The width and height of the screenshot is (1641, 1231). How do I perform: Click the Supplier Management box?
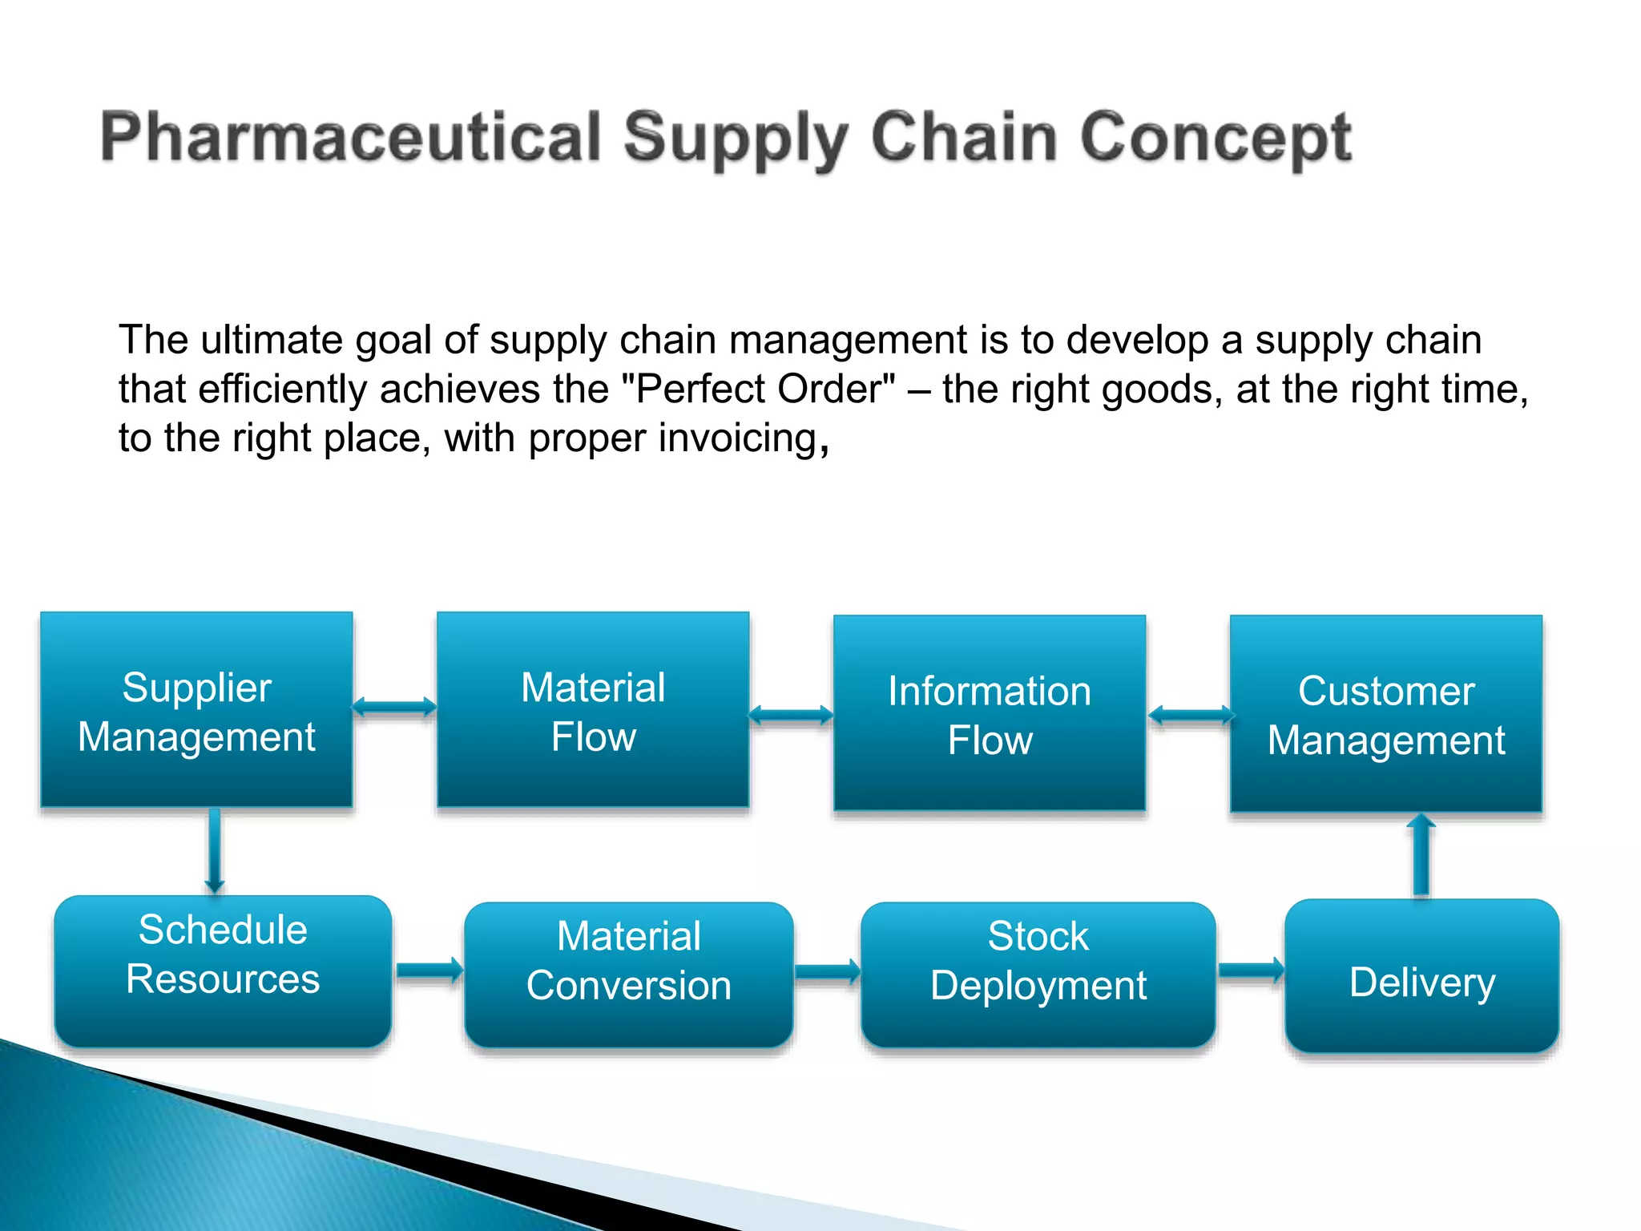[x=196, y=710]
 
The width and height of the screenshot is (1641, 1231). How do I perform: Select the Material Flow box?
[x=593, y=710]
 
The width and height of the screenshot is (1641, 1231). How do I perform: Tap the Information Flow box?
[x=990, y=713]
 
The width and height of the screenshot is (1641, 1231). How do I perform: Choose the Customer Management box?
[x=1386, y=713]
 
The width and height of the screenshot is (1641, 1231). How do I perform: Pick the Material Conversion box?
[x=629, y=975]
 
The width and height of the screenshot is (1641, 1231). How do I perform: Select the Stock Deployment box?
[x=1038, y=975]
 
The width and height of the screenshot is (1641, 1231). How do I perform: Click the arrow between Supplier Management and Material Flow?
[x=394, y=707]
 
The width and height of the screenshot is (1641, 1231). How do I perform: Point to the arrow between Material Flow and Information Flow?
[x=791, y=715]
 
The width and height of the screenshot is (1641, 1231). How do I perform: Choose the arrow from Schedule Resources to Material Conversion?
[x=429, y=971]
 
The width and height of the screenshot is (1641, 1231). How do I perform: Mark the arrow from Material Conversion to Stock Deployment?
[x=828, y=972]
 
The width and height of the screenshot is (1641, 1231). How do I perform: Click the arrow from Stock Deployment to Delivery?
[x=1251, y=971]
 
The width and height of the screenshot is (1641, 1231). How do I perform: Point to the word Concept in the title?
[x=1216, y=138]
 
